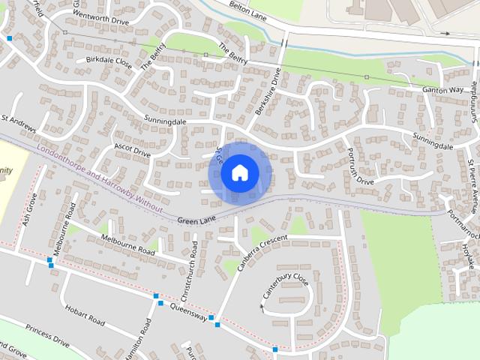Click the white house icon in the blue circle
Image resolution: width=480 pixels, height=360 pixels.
[x=239, y=172]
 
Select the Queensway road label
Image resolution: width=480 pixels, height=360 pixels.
[x=188, y=312]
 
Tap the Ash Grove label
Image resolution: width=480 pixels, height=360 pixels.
[x=29, y=211]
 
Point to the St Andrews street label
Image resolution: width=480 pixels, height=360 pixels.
[x=18, y=124]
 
